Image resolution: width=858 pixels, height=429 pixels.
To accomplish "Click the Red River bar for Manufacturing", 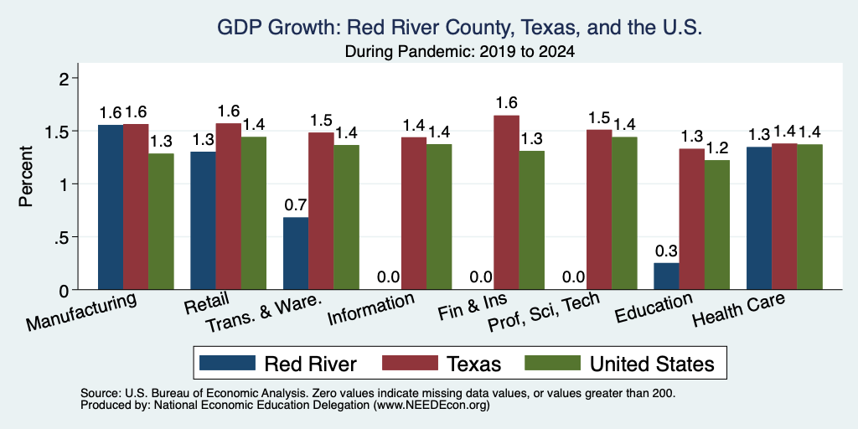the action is click(111, 207).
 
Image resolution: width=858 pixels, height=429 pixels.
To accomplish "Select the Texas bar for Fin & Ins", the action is click(507, 203).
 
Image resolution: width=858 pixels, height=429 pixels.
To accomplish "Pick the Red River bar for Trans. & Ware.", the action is click(296, 253).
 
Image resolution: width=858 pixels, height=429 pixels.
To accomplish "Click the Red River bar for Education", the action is click(666, 277).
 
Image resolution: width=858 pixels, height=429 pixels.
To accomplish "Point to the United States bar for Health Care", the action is click(810, 217).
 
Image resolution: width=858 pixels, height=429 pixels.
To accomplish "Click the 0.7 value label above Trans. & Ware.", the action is click(296, 205).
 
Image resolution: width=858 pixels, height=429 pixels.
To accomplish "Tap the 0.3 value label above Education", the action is click(666, 251).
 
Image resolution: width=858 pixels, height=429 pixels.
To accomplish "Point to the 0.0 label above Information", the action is click(389, 277).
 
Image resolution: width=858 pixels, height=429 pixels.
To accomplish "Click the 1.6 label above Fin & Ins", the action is click(507, 103).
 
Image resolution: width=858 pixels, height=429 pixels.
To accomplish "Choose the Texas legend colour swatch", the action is click(410, 363).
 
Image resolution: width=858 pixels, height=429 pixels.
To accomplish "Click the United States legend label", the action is click(652, 364).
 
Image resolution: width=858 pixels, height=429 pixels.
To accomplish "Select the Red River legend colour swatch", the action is click(227, 363).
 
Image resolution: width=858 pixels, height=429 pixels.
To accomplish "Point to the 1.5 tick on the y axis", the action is click(75, 132).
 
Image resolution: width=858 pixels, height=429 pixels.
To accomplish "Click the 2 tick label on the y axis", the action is click(65, 79).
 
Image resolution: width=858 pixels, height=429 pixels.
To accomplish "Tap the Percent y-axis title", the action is click(26, 176).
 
